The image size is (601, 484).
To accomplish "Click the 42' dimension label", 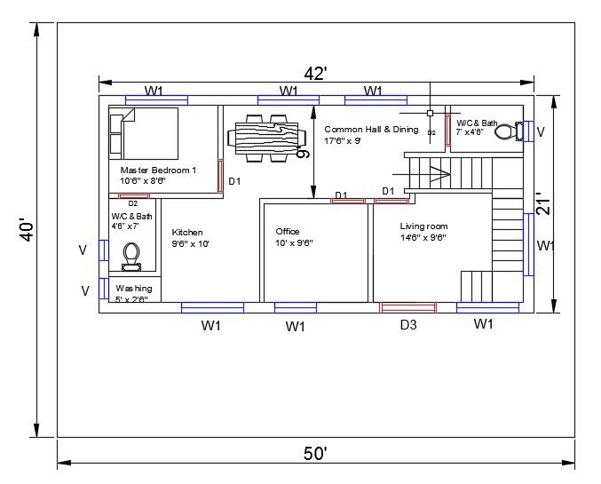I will (x=314, y=74).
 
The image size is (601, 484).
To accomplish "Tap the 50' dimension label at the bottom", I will (x=315, y=453).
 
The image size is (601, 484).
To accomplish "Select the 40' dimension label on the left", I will (x=28, y=231).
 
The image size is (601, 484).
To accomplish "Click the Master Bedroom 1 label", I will (x=158, y=169).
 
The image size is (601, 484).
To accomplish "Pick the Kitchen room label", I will (x=187, y=233).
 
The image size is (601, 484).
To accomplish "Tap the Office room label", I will (x=288, y=232).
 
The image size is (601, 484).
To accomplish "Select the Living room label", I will (x=423, y=226).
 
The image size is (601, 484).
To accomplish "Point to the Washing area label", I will (x=133, y=289).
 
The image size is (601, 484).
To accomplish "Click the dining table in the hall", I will (x=266, y=138).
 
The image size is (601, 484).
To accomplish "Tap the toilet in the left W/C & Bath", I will (x=131, y=255).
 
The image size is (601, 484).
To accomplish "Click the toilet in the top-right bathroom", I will (x=505, y=132).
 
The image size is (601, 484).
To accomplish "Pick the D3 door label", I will (x=407, y=325).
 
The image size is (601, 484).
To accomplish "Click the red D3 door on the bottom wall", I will (x=407, y=307).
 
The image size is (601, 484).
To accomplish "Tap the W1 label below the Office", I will (x=296, y=327).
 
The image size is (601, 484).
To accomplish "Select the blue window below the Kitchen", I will (x=212, y=307).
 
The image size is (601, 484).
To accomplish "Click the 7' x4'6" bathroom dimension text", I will (x=470, y=132).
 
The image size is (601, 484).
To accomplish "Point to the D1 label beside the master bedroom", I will (x=235, y=181).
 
